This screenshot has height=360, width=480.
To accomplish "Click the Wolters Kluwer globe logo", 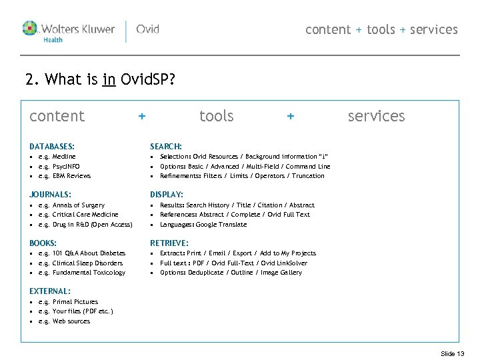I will pyautogui.click(x=31, y=29).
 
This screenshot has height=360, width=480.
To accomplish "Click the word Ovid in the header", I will pyautogui.click(x=147, y=29).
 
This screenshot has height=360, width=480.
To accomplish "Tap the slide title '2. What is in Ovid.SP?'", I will pyautogui.click(x=100, y=81).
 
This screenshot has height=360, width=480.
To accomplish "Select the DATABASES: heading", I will pyautogui.click(x=52, y=146).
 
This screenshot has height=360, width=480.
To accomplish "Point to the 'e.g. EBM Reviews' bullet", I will pyautogui.click(x=64, y=176).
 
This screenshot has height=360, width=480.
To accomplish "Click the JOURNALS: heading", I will pyautogui.click(x=50, y=195).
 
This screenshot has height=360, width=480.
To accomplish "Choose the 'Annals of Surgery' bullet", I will pyautogui.click(x=78, y=205).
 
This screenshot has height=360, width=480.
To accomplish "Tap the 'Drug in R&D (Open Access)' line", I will pyautogui.click(x=92, y=225).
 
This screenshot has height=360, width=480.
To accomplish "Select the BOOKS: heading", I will pyautogui.click(x=43, y=243).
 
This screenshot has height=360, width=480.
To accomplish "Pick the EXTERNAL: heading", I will pyautogui.click(x=50, y=291).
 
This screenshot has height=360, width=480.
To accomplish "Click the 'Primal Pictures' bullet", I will pyautogui.click(x=75, y=302).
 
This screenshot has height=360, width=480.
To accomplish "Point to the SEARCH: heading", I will pyautogui.click(x=166, y=146).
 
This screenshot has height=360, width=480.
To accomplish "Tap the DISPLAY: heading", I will pyautogui.click(x=167, y=195).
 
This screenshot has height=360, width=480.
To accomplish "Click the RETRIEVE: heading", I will pyautogui.click(x=169, y=243).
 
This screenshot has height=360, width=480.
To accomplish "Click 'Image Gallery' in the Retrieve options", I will pyautogui.click(x=281, y=273).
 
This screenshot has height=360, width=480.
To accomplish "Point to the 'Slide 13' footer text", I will pyautogui.click(x=453, y=353).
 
